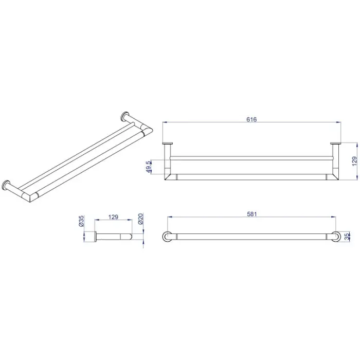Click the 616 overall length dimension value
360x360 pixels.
(x=251, y=119)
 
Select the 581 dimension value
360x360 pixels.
(x=252, y=214)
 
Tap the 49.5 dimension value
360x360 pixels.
(x=149, y=167)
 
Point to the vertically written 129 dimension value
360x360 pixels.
(x=354, y=161)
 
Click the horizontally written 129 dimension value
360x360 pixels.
(x=113, y=217)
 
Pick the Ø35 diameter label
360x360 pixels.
(x=81, y=221)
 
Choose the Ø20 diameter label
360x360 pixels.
(x=140, y=219)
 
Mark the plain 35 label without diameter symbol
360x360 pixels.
(x=347, y=237)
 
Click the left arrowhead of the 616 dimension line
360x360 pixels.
(x=165, y=122)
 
